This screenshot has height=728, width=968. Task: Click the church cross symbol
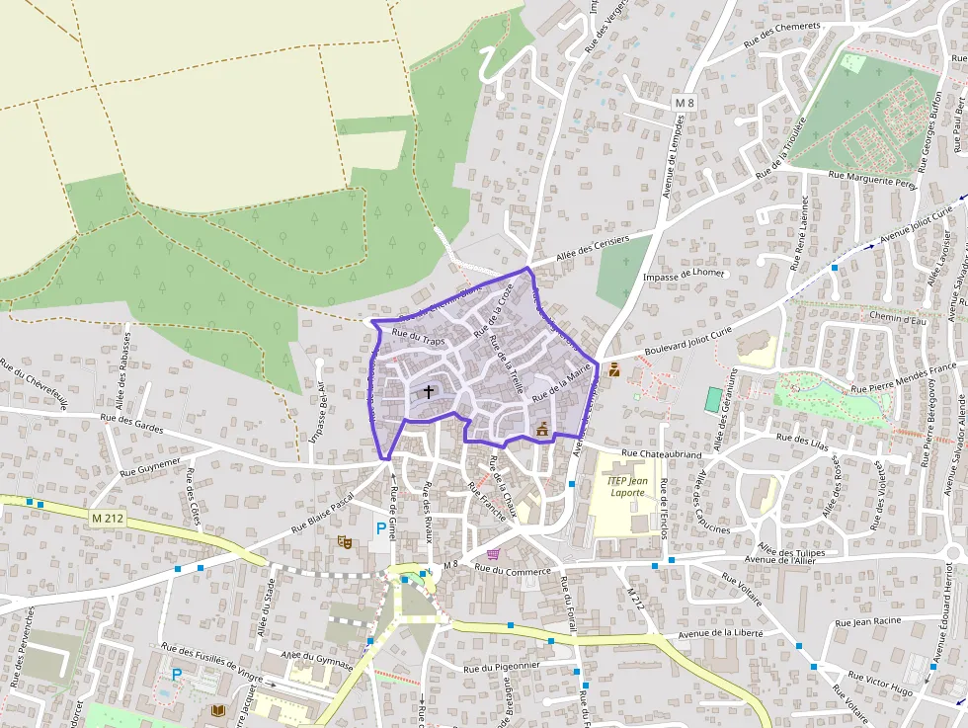point(429,391)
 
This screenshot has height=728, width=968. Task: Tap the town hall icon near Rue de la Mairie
point(541,429)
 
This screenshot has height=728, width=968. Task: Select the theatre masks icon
point(344,541)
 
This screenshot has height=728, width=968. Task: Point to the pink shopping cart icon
point(493,554)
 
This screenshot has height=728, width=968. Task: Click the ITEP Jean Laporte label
point(625,486)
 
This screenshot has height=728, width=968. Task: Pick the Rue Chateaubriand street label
point(661,454)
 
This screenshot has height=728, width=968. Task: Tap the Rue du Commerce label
point(511,569)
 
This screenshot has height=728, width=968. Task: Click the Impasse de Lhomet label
point(684,274)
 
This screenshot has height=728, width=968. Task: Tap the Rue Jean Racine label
point(867,622)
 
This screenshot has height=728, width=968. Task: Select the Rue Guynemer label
point(150,464)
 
